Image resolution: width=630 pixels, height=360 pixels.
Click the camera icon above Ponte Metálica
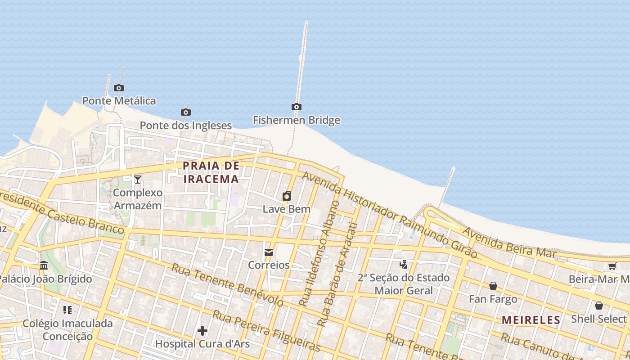(119, 88)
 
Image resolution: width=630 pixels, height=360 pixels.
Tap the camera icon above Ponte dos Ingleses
(185, 112)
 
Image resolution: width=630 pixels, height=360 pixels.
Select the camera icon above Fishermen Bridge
(296, 107)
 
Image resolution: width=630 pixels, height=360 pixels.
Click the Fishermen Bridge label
(296, 120)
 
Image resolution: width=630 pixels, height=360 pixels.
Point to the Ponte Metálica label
(119, 100)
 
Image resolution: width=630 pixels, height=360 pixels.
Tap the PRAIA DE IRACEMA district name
(211, 172)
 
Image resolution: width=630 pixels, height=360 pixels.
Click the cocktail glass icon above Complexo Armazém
(138, 180)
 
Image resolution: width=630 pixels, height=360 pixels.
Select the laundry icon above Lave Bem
(286, 196)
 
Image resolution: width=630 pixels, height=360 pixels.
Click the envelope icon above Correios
(269, 252)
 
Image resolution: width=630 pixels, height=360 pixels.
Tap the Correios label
(269, 265)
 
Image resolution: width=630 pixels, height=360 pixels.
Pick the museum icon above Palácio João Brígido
(44, 265)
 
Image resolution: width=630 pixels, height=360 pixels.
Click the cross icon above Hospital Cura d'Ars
(202, 331)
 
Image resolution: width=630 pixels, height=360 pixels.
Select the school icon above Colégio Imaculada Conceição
(67, 310)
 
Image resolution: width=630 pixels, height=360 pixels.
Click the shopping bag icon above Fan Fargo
(493, 286)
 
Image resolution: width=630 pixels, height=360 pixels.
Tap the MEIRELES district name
(531, 320)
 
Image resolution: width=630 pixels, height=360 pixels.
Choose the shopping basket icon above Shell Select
(598, 306)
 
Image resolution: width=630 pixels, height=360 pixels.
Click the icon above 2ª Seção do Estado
(404, 264)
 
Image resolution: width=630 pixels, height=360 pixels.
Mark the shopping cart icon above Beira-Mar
(612, 266)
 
